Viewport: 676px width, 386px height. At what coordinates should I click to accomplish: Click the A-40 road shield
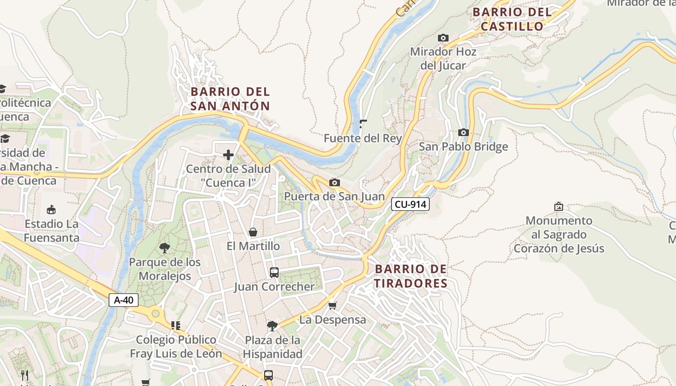point(124,300)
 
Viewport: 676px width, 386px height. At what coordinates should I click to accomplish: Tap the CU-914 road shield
point(410,204)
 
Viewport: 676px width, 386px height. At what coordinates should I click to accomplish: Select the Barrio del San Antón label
point(230,98)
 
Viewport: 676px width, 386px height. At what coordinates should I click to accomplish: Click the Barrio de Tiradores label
point(411,276)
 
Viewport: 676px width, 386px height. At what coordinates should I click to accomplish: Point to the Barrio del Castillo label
point(512,19)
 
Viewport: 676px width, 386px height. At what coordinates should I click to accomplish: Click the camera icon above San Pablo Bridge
point(463,132)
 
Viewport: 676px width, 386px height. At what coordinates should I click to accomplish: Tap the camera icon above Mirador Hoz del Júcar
point(443,38)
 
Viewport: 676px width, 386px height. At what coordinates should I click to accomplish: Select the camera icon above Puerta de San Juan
point(334,182)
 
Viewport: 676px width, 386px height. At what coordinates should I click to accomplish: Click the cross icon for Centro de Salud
point(228,155)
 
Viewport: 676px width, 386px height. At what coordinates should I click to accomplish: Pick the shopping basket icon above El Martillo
point(253,232)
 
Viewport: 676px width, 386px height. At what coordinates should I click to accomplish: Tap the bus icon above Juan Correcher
point(274,273)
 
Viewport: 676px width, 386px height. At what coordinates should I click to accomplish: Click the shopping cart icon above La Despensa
point(332,306)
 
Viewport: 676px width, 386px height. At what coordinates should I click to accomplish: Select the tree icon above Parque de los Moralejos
point(164,248)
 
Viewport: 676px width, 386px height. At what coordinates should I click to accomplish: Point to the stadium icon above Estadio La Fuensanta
point(51,209)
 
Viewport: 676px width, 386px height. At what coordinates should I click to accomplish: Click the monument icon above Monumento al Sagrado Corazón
point(559,207)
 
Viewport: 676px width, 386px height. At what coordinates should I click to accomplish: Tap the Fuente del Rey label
point(363,138)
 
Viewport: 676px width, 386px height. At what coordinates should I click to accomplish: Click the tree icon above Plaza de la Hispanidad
point(272,326)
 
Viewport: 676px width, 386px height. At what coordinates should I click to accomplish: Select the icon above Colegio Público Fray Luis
point(176,326)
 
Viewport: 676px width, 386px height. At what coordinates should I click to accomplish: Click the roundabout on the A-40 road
point(155,314)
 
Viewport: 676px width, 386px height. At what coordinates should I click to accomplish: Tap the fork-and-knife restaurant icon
point(24,375)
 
